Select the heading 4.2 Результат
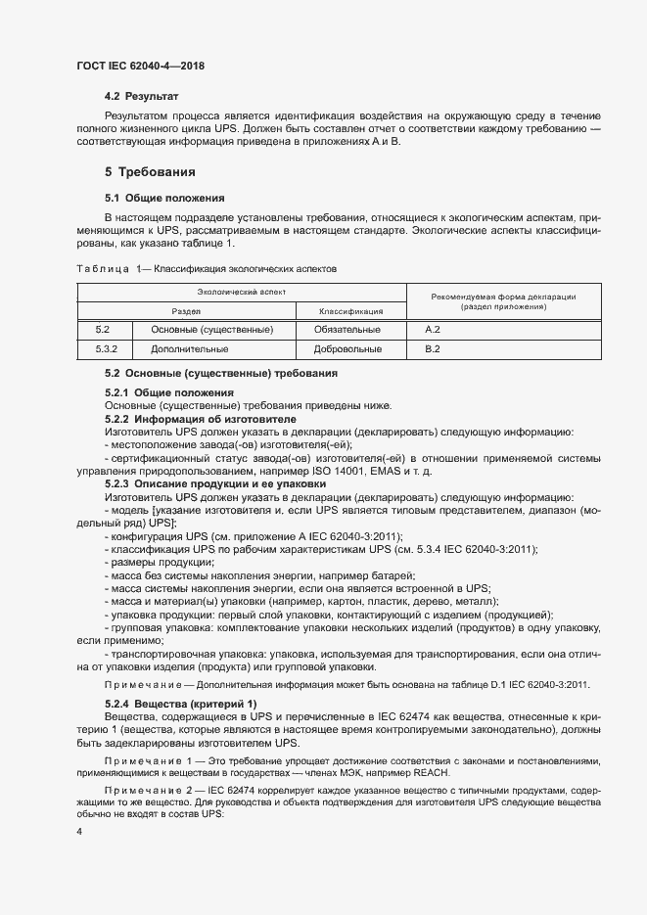tap(142, 98)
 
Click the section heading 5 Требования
tap(150, 172)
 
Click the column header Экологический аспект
tap(241, 293)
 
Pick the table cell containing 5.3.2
tap(107, 348)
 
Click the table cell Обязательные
tap(347, 330)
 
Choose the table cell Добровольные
tap(347, 348)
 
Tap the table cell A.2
tap(433, 330)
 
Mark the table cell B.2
tap(433, 348)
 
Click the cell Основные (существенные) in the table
tap(212, 330)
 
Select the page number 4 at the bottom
tap(79, 831)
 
